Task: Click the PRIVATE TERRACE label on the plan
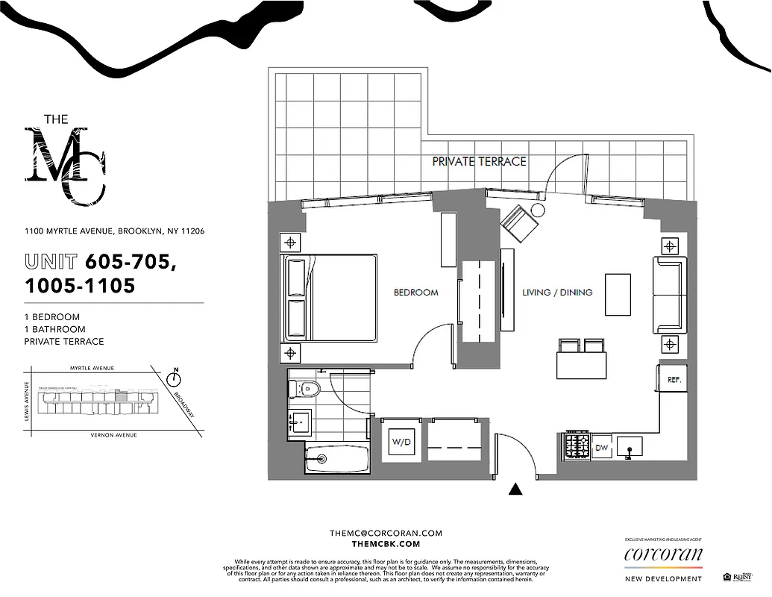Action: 480,160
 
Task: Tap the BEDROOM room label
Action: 415,293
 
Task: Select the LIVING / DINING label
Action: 557,293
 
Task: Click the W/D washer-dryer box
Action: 401,443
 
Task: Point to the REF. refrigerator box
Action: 674,379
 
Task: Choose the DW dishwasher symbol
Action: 602,447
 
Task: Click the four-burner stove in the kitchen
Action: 577,446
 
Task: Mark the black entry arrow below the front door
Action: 515,490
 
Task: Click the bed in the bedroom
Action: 328,297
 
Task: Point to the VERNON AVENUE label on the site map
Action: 114,434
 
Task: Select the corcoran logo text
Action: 663,554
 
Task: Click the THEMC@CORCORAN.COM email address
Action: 386,533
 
